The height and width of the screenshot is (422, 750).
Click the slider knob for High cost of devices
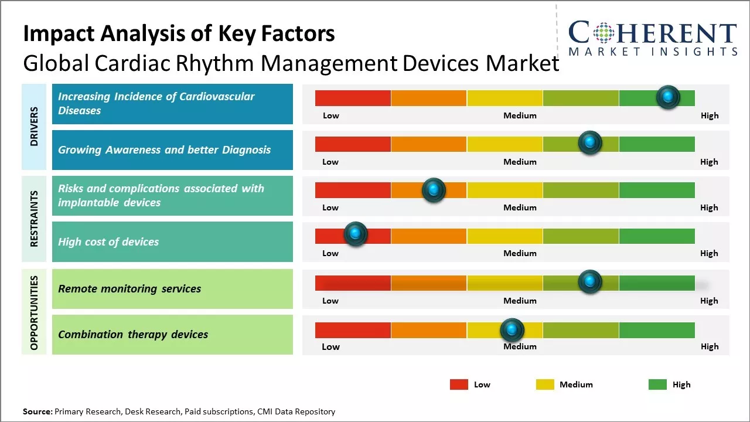[x=355, y=234]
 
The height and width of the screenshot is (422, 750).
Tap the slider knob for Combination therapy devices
[x=512, y=330]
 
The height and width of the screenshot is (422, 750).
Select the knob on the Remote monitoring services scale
[x=590, y=282]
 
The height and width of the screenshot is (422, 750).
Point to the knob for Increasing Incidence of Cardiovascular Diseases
[x=668, y=97]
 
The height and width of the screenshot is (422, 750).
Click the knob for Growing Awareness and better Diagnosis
[x=590, y=142]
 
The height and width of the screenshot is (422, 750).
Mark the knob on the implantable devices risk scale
[x=434, y=189]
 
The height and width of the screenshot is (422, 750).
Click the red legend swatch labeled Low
[x=459, y=384]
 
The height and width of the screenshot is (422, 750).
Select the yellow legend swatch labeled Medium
[x=545, y=384]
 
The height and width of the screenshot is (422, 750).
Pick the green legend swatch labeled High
[x=657, y=384]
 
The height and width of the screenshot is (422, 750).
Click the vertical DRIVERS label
[x=34, y=126]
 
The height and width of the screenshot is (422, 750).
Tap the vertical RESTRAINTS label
[x=34, y=218]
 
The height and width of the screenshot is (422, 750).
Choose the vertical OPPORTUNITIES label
[x=34, y=312]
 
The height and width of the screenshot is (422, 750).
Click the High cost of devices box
[x=172, y=241]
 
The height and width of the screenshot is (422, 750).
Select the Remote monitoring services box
[x=172, y=288]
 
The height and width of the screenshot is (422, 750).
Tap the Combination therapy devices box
[x=172, y=335]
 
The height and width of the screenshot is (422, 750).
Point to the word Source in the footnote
[x=37, y=411]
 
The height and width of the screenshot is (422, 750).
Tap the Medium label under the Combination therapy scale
[x=520, y=346]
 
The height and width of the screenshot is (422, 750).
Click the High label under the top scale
[x=710, y=115]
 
